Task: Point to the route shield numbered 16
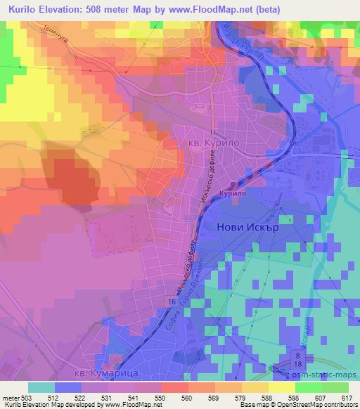click(x=172, y=300)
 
